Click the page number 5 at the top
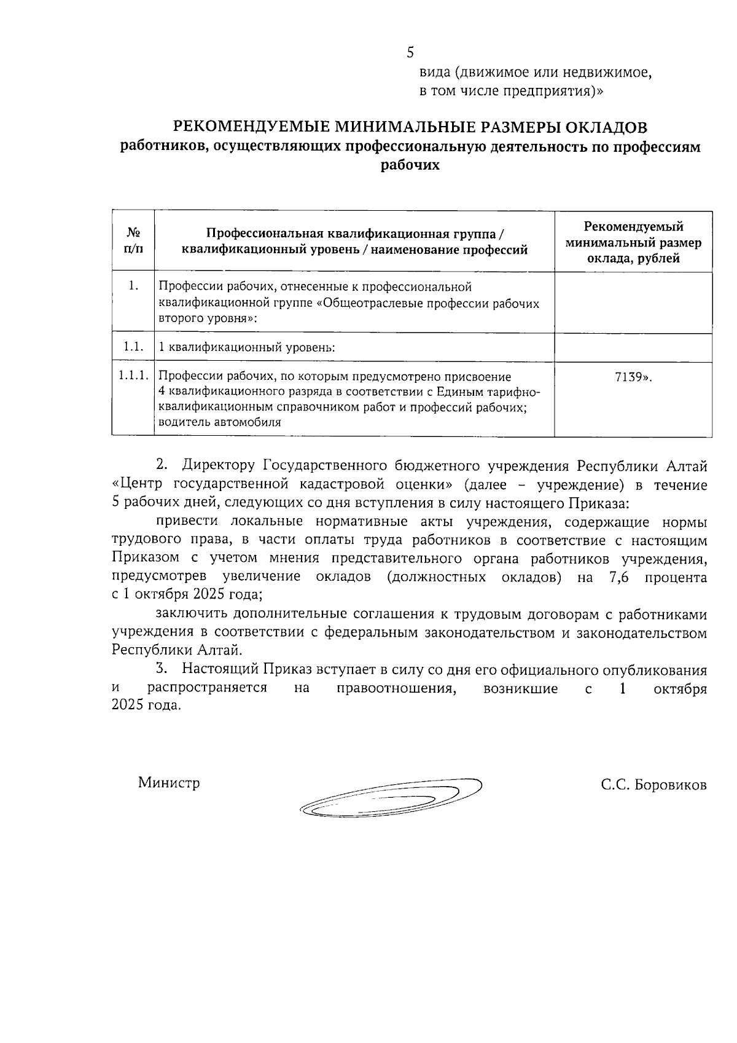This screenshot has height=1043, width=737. coord(410,53)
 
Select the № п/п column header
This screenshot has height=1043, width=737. coord(133,241)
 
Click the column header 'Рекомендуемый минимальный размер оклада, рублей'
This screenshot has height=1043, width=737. coord(633,242)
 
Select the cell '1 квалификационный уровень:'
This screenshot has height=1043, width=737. coord(247,347)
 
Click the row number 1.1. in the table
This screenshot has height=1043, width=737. coord(132,347)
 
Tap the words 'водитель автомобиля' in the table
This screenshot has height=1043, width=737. coord(220,422)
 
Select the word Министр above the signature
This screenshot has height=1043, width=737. coord(169,783)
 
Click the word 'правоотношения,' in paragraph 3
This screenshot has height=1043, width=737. coord(397,688)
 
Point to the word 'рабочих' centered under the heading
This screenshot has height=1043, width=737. coord(410,165)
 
